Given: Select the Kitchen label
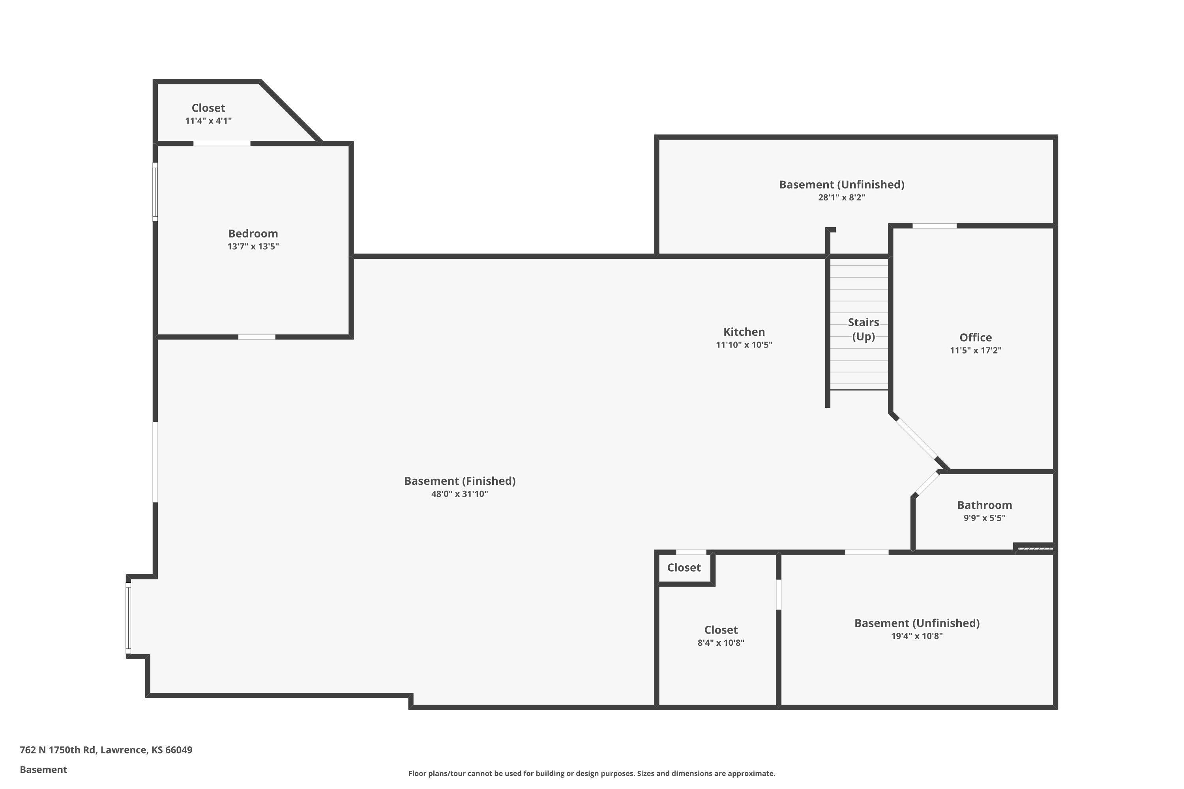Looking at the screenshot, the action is (x=744, y=332).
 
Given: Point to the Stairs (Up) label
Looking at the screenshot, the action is (x=864, y=329).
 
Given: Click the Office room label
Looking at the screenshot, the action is (x=976, y=338).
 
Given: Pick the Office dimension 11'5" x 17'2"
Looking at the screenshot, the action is (x=976, y=351).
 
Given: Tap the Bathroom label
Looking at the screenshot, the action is (x=985, y=505).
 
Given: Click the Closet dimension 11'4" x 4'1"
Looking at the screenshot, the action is (x=208, y=121).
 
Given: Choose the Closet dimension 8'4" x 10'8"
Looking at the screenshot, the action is (x=721, y=643).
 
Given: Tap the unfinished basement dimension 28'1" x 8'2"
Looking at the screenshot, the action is (x=842, y=198).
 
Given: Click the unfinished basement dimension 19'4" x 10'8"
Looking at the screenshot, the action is (x=917, y=636).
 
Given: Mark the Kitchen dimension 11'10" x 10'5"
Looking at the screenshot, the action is (x=744, y=345).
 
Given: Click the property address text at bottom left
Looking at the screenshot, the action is (x=106, y=750).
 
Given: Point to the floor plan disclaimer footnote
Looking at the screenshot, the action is (x=592, y=773).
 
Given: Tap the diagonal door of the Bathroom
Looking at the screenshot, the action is (x=927, y=484).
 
